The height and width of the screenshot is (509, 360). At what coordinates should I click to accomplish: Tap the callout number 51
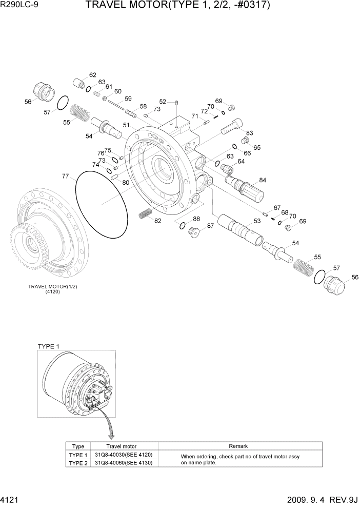click(x=126, y=125)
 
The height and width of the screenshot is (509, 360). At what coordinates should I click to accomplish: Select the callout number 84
click(x=263, y=180)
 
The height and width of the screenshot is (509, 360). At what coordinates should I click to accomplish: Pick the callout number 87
click(x=210, y=226)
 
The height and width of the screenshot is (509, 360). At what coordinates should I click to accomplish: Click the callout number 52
click(x=163, y=102)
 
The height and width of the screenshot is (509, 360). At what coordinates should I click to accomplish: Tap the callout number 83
click(x=250, y=133)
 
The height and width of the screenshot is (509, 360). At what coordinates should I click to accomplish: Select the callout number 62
click(x=93, y=75)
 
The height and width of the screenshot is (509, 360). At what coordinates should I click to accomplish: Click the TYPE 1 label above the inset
click(x=49, y=346)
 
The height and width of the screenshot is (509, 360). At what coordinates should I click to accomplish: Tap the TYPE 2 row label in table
click(x=78, y=463)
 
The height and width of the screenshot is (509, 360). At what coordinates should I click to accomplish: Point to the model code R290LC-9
click(x=18, y=6)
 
